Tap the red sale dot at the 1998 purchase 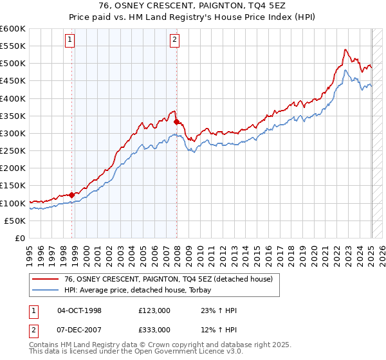click(72, 195)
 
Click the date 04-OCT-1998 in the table click(79, 310)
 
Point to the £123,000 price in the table click(154, 310)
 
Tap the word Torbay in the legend click(209, 290)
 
